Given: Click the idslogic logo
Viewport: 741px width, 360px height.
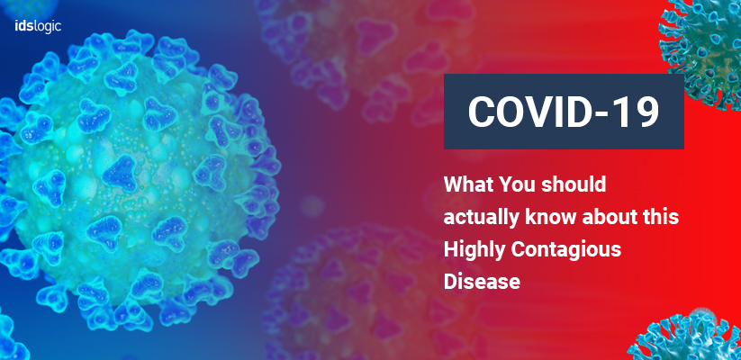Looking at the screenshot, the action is pos(38,26).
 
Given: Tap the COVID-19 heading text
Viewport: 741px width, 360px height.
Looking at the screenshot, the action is pos(564,112).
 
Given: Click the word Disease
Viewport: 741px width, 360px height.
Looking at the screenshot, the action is pos(482,282).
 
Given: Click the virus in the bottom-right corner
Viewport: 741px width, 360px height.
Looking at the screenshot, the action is pos(688,337).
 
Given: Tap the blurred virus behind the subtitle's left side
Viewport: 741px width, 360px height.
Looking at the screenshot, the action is pos(374,292).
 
